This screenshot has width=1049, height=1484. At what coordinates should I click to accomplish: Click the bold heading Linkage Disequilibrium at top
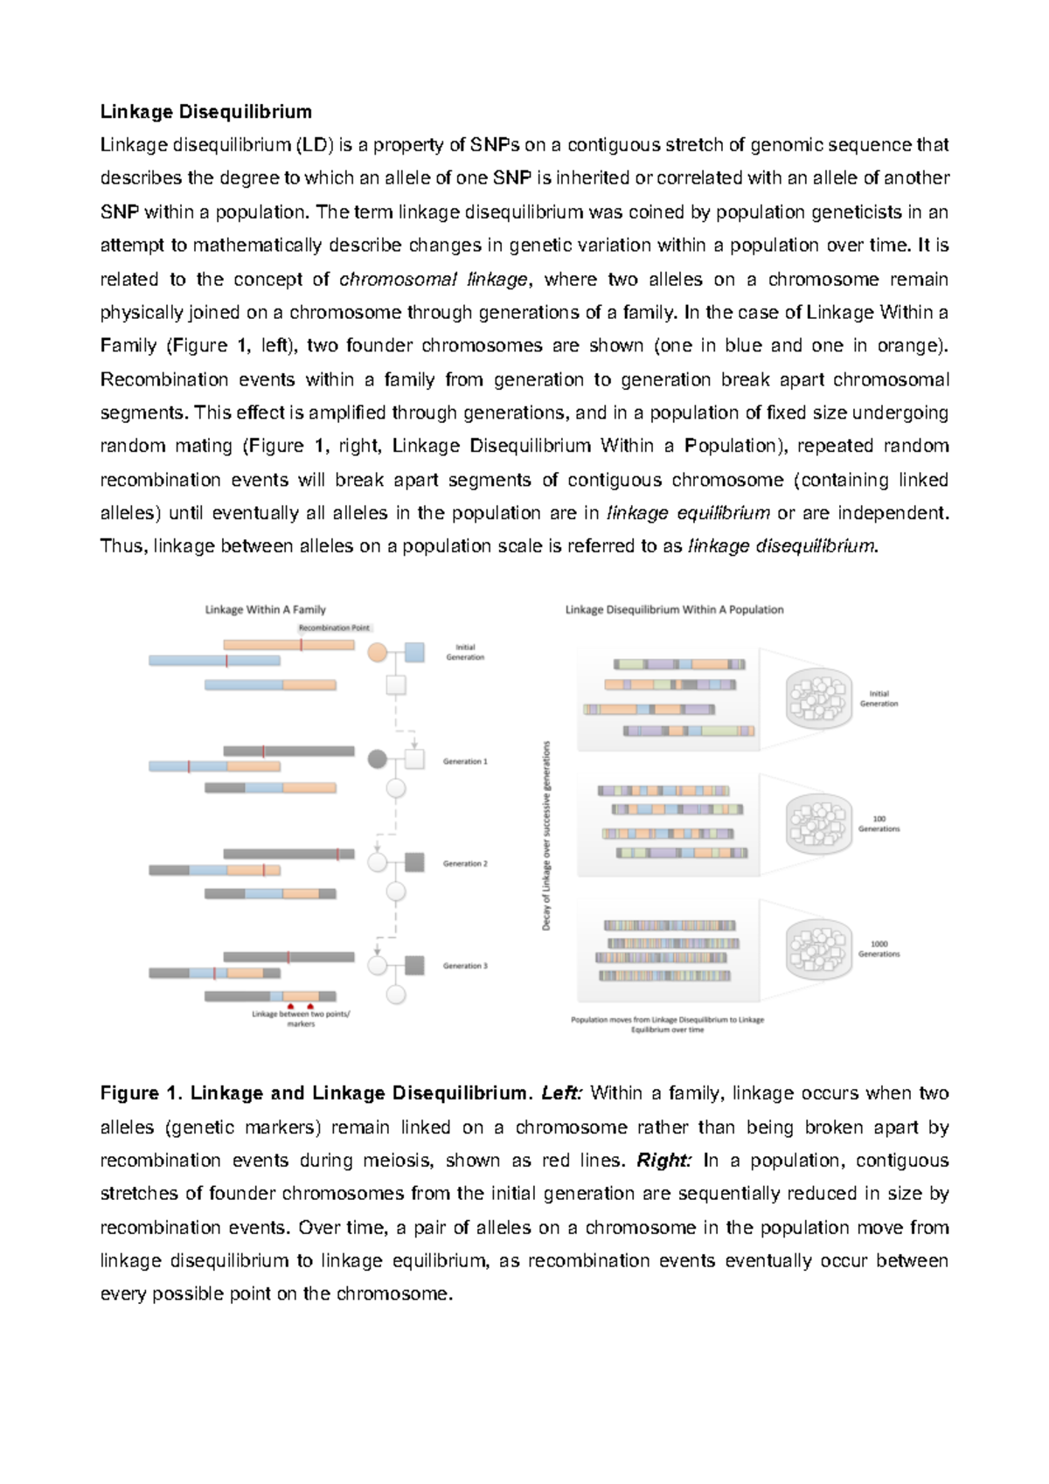click(205, 112)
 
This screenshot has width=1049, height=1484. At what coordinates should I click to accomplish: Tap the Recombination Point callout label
click(334, 628)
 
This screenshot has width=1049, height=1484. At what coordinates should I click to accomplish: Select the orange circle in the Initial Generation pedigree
click(377, 652)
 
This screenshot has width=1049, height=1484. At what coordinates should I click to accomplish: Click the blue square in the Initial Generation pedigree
click(414, 652)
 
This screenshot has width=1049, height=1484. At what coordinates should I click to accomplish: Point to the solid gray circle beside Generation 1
click(377, 759)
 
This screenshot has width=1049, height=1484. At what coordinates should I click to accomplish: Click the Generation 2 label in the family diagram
click(465, 863)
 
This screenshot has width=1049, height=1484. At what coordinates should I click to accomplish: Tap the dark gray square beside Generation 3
click(414, 965)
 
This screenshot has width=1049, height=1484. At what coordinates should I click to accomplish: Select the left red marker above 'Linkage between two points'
click(290, 1006)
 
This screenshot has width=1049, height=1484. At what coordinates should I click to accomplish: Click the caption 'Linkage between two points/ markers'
click(301, 1018)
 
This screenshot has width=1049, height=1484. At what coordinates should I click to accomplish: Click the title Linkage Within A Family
click(265, 609)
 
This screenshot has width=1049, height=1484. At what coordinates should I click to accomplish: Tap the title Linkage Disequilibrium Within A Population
click(674, 609)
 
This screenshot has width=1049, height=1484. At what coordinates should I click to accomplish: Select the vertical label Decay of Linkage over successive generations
click(547, 836)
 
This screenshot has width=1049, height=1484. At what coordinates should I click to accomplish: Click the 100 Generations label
click(879, 824)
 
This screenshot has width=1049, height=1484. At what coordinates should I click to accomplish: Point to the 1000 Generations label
click(879, 949)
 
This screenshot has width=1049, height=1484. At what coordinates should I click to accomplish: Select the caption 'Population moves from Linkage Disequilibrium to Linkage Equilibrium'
click(667, 1024)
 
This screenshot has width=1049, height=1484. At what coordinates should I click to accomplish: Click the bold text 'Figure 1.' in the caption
click(142, 1093)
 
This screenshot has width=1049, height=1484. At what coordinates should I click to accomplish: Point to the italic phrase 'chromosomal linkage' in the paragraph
click(434, 280)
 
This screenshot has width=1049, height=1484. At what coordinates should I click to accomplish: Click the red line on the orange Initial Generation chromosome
click(302, 645)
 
